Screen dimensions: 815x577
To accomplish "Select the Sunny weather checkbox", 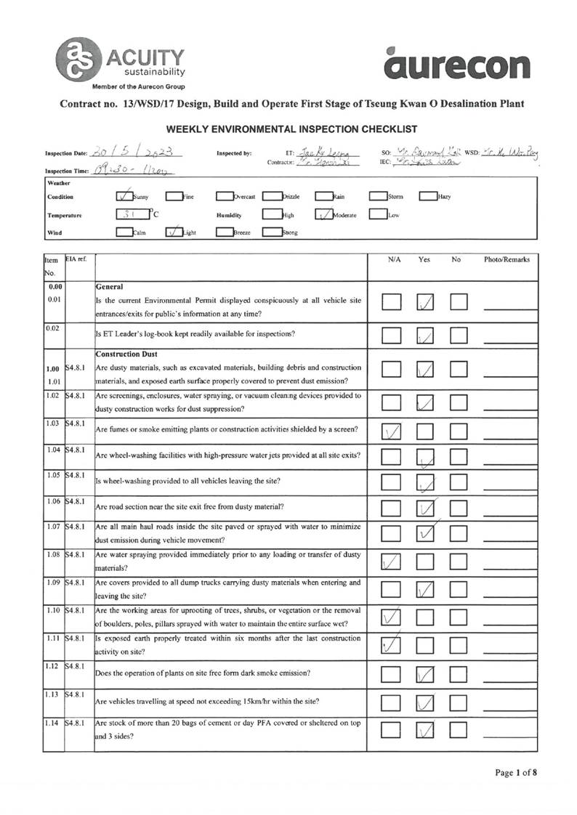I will (x=124, y=196).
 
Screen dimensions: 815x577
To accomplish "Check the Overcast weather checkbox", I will (x=225, y=196).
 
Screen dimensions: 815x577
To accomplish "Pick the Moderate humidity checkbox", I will (x=323, y=215).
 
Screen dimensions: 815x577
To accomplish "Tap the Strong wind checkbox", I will (x=271, y=232).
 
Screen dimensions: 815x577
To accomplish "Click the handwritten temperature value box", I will (x=132, y=215).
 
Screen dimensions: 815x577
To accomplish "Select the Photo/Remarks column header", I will (x=507, y=259).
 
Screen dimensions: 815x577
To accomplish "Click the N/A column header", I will (x=396, y=259).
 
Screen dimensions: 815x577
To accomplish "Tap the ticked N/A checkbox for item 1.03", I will (x=392, y=431).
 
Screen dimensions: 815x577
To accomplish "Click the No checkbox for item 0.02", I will (x=459, y=336).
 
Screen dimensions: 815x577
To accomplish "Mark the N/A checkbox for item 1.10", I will (x=392, y=617).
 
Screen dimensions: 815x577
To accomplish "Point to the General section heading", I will (x=110, y=287).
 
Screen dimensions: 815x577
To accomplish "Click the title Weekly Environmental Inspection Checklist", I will (x=291, y=129).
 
